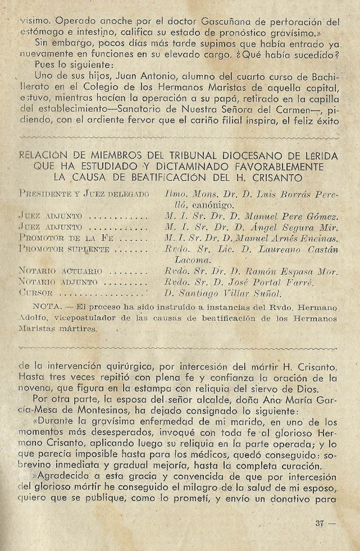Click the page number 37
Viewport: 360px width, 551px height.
point(319,523)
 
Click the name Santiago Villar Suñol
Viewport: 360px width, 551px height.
point(223,294)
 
